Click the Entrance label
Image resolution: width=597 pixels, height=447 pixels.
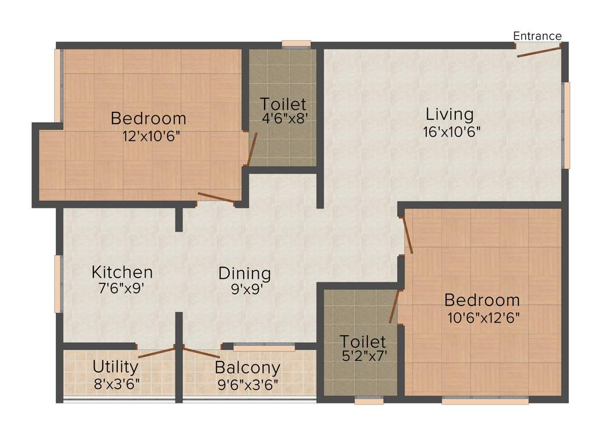537,36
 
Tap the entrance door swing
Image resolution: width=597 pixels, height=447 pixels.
539,51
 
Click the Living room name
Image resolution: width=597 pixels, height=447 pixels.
449,113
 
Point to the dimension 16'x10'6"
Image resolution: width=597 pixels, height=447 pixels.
451,132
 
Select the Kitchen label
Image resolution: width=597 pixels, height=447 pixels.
122,272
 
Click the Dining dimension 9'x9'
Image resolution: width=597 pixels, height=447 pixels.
245,289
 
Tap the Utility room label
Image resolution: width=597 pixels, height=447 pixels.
115,367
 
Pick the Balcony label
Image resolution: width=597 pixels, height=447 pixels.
247,368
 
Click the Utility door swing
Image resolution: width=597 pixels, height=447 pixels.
156,353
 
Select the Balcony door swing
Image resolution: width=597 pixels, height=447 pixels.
202,352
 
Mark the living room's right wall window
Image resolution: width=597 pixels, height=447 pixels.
565,125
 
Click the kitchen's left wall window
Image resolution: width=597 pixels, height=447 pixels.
58,283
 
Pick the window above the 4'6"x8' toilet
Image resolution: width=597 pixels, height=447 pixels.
296,43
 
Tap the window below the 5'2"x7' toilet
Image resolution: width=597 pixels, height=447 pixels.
369,400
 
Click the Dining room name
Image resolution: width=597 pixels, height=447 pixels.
245,273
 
